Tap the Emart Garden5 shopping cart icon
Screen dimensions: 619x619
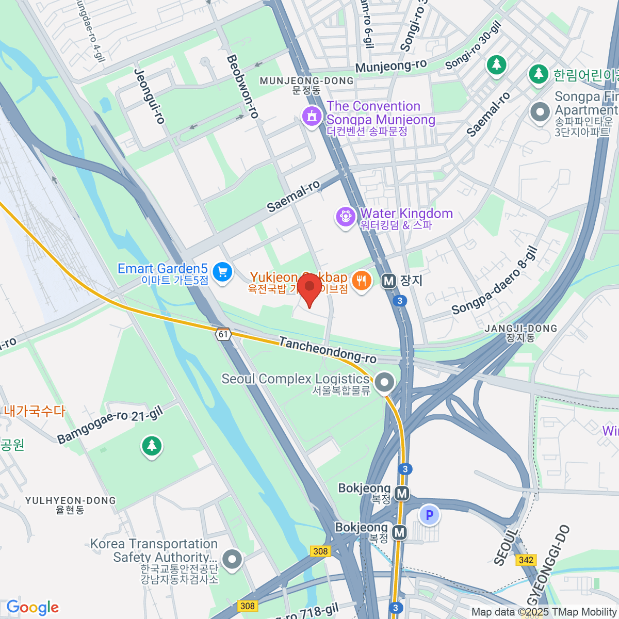click(x=222, y=272)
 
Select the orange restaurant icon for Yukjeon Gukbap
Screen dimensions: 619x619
click(x=362, y=281)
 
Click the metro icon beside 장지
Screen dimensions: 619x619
click(x=388, y=281)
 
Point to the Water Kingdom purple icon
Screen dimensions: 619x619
click(x=345, y=216)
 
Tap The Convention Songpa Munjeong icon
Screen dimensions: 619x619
click(x=312, y=116)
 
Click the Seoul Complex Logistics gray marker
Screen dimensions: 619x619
click(x=384, y=383)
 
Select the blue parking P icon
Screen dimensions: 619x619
click(x=429, y=515)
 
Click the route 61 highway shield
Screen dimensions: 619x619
click(x=223, y=334)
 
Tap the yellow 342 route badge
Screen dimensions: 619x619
click(x=526, y=560)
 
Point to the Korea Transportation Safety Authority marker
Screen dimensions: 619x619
click(x=232, y=559)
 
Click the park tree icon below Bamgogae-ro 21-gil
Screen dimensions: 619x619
click(x=152, y=446)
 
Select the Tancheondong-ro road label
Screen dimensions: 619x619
click(x=328, y=350)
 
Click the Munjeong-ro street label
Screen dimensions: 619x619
click(x=391, y=67)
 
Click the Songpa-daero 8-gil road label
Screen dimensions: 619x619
click(x=495, y=281)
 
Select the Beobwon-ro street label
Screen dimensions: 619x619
click(x=242, y=87)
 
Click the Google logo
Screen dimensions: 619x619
click(x=32, y=607)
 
